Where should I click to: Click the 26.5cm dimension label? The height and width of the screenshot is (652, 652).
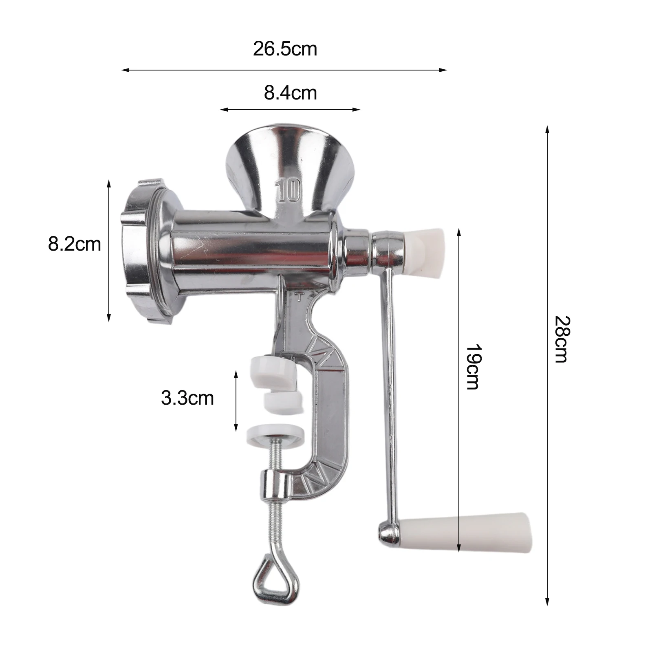(x=285, y=49)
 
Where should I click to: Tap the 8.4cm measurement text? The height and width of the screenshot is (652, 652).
(x=290, y=93)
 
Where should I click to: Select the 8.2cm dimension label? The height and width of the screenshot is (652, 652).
(x=74, y=244)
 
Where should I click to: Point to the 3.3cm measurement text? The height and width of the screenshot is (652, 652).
(x=187, y=398)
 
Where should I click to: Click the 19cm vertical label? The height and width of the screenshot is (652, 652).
(x=474, y=367)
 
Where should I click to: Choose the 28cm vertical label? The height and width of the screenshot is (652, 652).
(x=562, y=339)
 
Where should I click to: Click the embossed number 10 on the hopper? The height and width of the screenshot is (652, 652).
(x=289, y=190)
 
